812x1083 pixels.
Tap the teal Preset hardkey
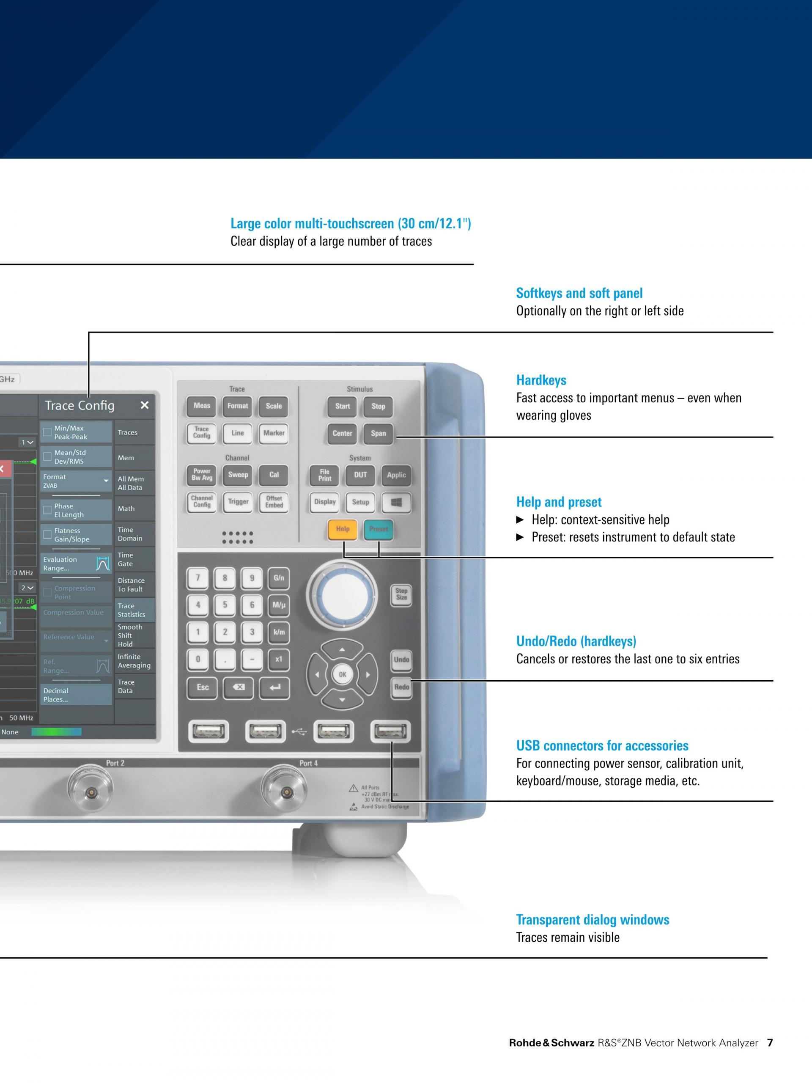379,529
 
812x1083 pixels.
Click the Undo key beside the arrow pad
401,660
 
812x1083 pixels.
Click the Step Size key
401,594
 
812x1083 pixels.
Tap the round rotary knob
342,595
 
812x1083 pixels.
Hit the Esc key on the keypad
203,687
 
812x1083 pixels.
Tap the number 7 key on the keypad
198,578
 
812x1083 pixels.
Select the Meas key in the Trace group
202,406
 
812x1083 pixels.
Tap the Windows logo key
396,502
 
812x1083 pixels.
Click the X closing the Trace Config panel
144,405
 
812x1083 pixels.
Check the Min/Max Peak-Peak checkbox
47,432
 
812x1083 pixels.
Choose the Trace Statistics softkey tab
134,610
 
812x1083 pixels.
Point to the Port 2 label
115,763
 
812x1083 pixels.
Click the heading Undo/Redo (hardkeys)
576,641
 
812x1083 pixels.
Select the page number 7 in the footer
770,1043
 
